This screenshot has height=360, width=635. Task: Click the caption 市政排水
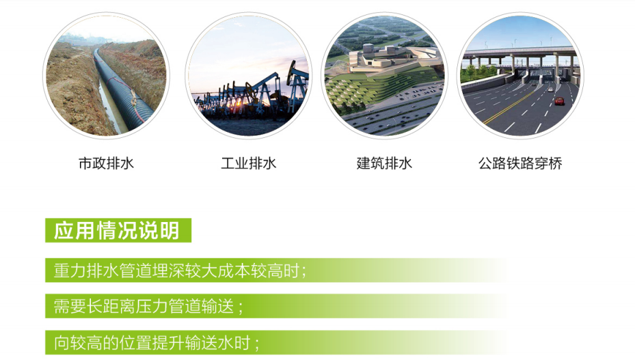click(106, 163)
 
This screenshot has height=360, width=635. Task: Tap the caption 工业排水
click(248, 163)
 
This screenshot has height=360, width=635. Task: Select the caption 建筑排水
click(384, 163)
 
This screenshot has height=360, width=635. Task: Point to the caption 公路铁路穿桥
click(520, 163)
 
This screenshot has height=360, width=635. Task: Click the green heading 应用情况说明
click(117, 230)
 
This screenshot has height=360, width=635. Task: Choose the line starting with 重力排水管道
click(180, 271)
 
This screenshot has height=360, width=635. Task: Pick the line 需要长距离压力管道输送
click(148, 306)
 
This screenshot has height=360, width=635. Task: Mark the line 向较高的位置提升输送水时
click(157, 343)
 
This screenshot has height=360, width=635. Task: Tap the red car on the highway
click(559, 101)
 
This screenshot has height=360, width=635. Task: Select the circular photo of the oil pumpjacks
click(248, 76)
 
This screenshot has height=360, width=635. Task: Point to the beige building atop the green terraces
click(389, 59)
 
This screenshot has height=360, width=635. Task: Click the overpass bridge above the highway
click(520, 55)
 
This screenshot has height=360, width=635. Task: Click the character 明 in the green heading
click(170, 230)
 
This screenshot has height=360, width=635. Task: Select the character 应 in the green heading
click(64, 230)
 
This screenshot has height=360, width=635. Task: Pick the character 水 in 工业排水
click(269, 163)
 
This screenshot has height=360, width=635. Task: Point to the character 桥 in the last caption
click(556, 163)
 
